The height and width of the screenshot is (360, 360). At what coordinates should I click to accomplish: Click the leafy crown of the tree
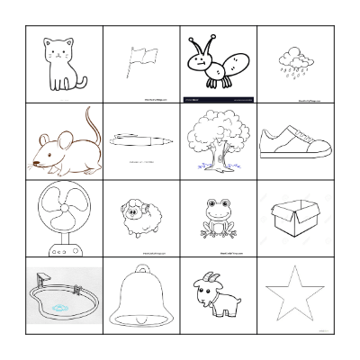tap(217, 131)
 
